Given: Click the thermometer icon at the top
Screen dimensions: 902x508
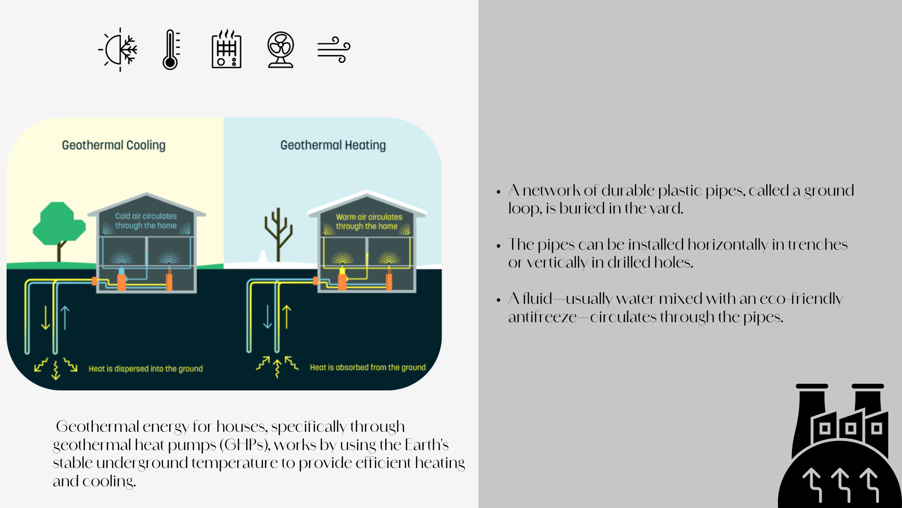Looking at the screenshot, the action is [x=171, y=49].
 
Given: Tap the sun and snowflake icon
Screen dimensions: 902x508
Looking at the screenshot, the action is [x=118, y=49].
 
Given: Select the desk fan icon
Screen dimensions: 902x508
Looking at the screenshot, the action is [x=281, y=50].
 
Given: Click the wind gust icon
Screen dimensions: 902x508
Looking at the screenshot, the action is [x=334, y=49].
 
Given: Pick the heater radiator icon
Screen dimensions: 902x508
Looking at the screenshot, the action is [x=226, y=49].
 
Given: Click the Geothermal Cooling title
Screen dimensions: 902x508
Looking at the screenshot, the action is [x=114, y=145].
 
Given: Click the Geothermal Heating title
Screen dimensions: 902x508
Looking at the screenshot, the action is [x=333, y=145].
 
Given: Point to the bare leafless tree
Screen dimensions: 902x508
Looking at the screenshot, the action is [x=279, y=234].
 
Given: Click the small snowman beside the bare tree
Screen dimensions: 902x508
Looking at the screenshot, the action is [x=263, y=256].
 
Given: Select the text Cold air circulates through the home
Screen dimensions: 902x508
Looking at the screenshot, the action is [x=146, y=221].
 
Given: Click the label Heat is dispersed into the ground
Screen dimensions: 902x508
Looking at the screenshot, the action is [x=146, y=369].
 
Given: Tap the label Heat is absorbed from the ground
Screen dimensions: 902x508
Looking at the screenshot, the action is [x=368, y=367].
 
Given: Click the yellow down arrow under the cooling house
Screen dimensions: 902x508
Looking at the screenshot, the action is [x=46, y=317].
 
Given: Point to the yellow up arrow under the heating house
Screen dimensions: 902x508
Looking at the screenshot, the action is [x=287, y=317].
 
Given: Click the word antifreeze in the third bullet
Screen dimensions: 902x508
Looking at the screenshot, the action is [x=543, y=317].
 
